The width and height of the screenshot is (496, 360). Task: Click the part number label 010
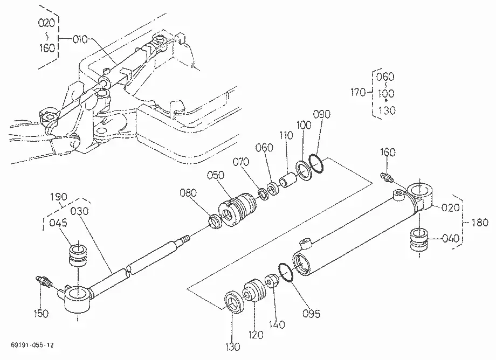tap(80, 39)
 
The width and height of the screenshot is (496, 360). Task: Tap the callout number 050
tap(216, 175)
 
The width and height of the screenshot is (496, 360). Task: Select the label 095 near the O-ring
tap(311, 314)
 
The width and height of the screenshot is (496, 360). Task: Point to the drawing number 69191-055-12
tap(32, 345)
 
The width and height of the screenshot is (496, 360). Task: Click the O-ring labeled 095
tap(286, 272)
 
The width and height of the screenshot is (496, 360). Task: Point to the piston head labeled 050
tap(237, 209)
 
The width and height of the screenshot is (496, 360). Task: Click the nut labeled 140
tap(272, 280)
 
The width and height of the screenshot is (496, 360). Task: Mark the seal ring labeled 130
tap(235, 302)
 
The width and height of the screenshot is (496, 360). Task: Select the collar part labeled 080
tap(216, 221)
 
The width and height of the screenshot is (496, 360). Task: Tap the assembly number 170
tap(358, 93)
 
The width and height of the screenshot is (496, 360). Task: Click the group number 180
tap(480, 223)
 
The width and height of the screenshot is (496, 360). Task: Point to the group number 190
tap(59, 197)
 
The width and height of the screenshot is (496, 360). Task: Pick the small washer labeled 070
tap(263, 194)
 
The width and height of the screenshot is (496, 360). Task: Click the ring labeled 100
tap(304, 170)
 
